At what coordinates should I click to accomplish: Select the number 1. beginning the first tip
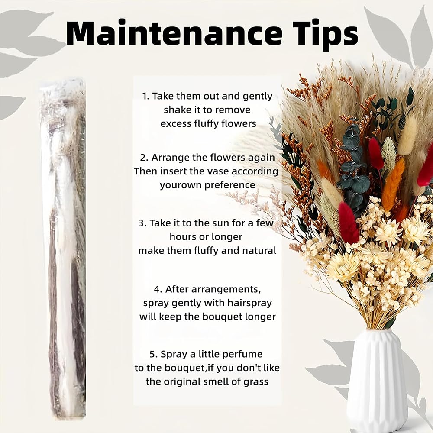(146, 96)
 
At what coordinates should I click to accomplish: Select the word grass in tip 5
(256, 382)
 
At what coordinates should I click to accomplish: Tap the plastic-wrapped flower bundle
(63, 249)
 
